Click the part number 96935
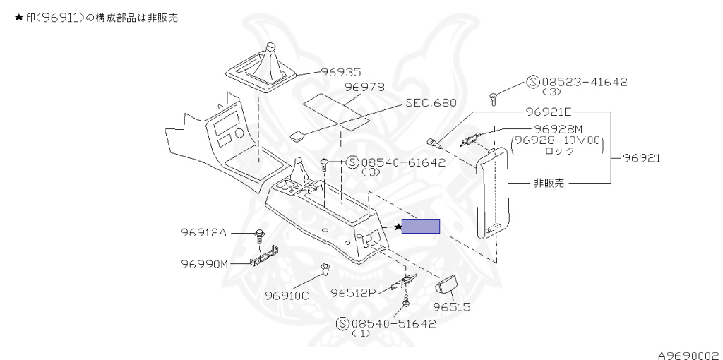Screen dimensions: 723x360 [x=341, y=73]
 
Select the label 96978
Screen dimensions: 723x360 [x=364, y=87]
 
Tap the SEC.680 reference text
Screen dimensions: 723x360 [x=431, y=102]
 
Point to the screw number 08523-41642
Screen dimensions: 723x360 [x=584, y=82]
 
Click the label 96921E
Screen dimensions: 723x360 [x=549, y=112]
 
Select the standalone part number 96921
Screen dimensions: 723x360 [x=641, y=158]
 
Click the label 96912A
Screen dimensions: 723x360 [x=203, y=233]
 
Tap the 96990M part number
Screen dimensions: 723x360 [x=204, y=264]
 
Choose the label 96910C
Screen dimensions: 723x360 [x=287, y=296]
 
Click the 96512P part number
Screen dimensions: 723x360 [x=354, y=293]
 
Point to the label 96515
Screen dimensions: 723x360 [x=452, y=306]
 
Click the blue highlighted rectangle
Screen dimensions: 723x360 [x=421, y=227]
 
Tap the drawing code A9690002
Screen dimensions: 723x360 [x=690, y=355]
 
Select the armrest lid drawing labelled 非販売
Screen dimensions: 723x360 [x=492, y=193]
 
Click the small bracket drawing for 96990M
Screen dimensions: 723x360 [x=264, y=256]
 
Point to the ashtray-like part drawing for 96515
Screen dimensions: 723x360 [x=446, y=282]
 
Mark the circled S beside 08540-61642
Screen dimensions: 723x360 [x=352, y=162]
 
